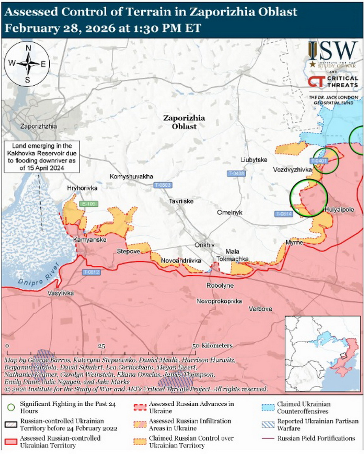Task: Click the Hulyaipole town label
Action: [x=339, y=210]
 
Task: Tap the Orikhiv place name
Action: [x=204, y=245]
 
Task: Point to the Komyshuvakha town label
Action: [x=131, y=176]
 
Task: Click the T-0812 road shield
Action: [x=91, y=272]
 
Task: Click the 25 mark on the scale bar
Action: [x=101, y=345]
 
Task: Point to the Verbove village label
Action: [x=261, y=309]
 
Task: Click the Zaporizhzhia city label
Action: [x=39, y=127]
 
